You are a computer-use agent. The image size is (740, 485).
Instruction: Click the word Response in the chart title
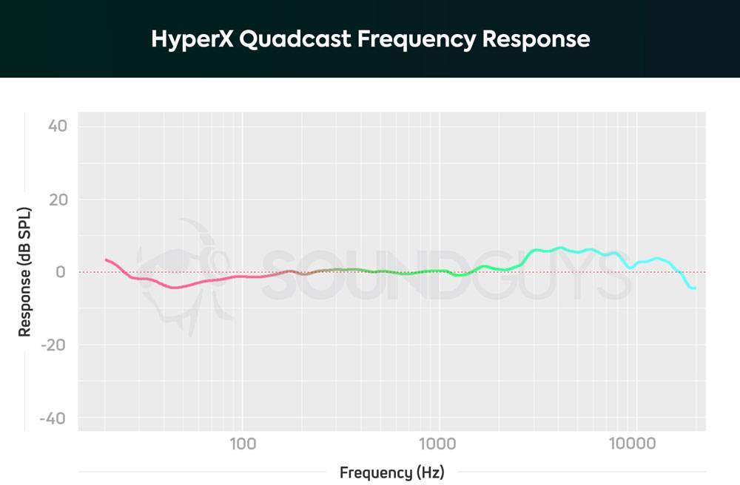point(536,38)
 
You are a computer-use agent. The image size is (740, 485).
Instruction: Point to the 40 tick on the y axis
point(58,126)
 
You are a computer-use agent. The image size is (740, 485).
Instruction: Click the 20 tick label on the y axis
point(58,200)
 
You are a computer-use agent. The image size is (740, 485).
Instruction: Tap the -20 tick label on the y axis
point(54,345)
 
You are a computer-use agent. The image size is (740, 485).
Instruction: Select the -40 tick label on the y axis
point(54,418)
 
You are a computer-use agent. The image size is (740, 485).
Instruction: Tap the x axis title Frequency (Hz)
point(392,472)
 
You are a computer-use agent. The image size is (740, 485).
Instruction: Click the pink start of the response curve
point(107,260)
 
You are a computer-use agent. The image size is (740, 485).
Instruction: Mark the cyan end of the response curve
point(693,288)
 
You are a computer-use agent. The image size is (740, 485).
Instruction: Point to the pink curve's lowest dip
point(175,287)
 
